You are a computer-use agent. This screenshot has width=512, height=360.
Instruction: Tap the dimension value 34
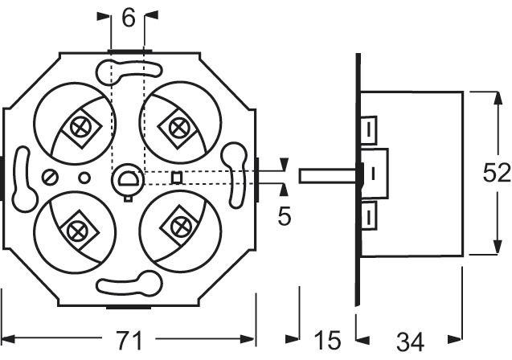(410, 342)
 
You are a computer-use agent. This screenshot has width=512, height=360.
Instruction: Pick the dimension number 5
(285, 215)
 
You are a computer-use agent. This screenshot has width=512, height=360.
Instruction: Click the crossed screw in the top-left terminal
(81, 126)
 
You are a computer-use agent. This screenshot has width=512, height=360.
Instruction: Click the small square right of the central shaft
(178, 177)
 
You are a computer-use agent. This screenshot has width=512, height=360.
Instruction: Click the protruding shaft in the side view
(326, 174)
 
